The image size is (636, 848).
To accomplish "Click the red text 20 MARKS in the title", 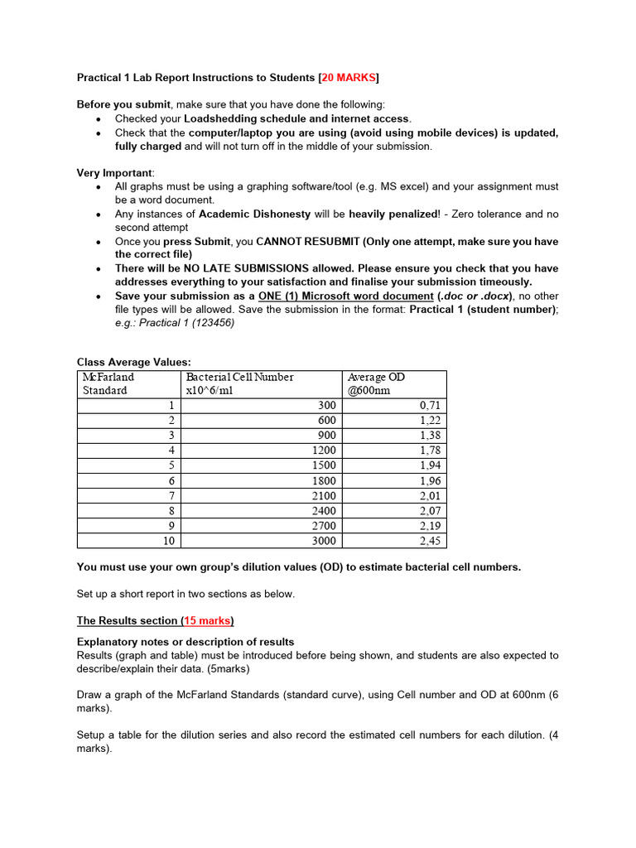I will (x=349, y=78).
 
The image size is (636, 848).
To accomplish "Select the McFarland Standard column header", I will (x=108, y=383).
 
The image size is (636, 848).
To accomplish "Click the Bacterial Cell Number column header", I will (x=239, y=383).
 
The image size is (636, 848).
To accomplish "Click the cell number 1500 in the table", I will (x=324, y=465).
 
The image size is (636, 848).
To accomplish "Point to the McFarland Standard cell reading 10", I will (x=167, y=541).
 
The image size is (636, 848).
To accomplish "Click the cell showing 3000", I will (x=324, y=541).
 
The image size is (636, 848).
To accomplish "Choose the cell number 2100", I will (x=324, y=495).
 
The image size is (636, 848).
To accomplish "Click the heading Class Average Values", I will (x=133, y=362).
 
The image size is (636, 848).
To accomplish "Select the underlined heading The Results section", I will (x=127, y=620).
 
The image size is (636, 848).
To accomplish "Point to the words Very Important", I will (x=114, y=173).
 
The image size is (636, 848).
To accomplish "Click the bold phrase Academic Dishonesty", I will (x=255, y=214).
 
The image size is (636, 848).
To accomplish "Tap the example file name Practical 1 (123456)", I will (x=186, y=322).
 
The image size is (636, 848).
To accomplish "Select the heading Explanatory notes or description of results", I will (x=185, y=642).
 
